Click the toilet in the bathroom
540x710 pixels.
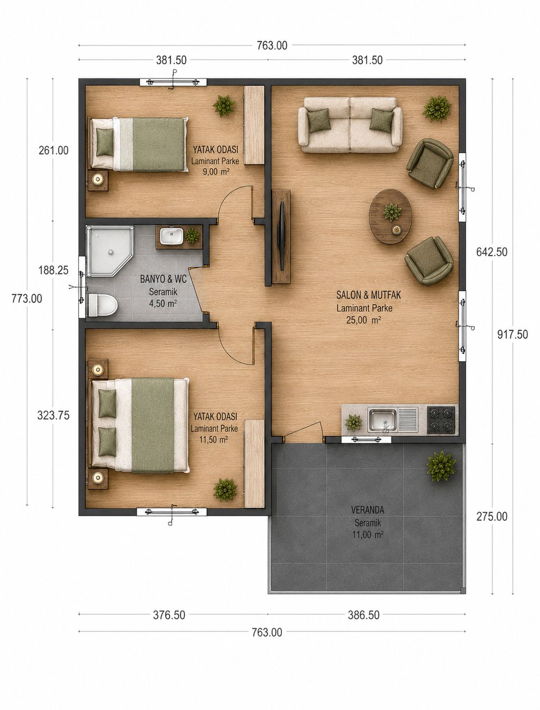click(x=103, y=305)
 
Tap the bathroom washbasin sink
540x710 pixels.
click(x=171, y=237)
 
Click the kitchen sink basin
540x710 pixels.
click(x=382, y=420)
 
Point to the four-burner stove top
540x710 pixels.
click(x=441, y=420)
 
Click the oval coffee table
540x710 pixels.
click(x=390, y=216)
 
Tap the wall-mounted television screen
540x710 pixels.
click(x=282, y=236)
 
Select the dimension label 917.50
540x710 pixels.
click(x=512, y=334)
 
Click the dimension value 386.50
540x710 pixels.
click(x=363, y=615)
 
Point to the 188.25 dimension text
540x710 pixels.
click(x=53, y=271)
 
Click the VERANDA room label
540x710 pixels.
click(x=368, y=510)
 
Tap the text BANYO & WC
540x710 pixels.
click(x=163, y=279)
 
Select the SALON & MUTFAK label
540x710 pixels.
click(x=368, y=295)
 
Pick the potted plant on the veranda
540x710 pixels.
click(x=441, y=467)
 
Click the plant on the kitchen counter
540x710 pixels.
click(x=353, y=423)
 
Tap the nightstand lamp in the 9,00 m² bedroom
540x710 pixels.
click(x=98, y=179)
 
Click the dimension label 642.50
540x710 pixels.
click(x=492, y=252)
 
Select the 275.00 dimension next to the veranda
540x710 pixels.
click(x=492, y=516)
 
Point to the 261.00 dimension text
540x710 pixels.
click(x=53, y=151)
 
